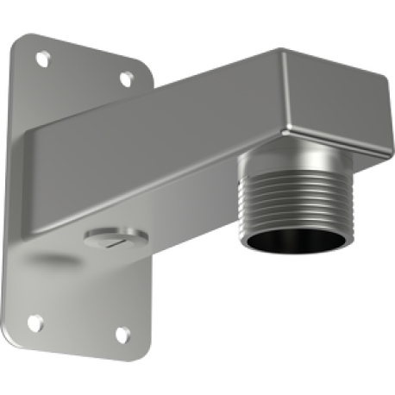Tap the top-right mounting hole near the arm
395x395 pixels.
[x=126, y=79]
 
